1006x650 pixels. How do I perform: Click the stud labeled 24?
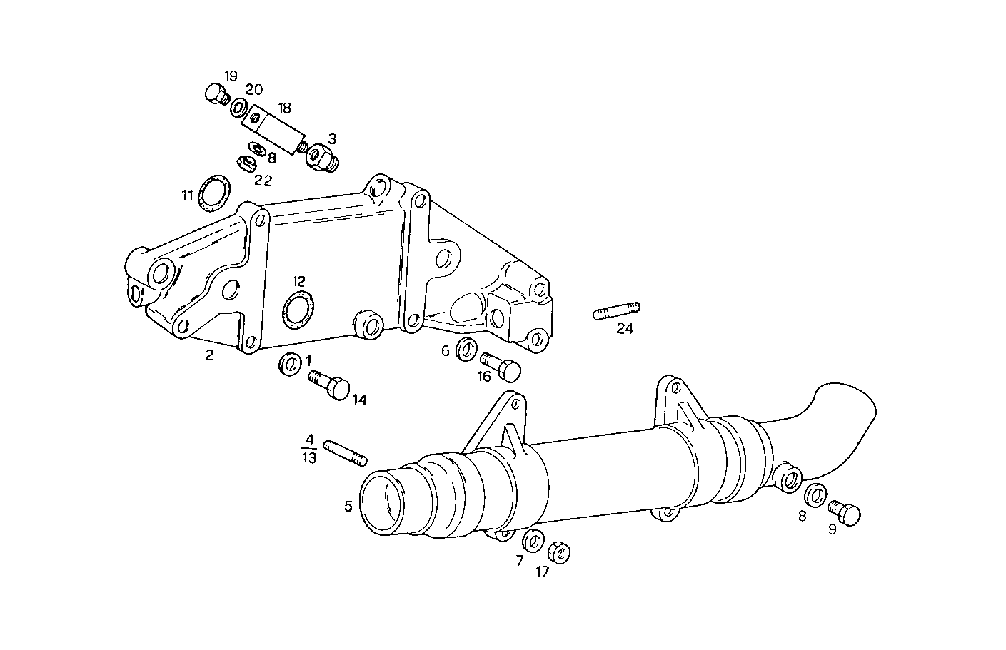[616, 311]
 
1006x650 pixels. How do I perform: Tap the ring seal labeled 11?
[213, 193]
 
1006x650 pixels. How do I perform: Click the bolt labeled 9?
[845, 512]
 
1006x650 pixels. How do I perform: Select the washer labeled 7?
[532, 542]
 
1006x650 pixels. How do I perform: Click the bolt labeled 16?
[501, 367]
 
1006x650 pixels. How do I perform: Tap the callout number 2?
[209, 355]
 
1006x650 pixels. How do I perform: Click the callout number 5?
[348, 507]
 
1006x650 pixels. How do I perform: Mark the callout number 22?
[263, 181]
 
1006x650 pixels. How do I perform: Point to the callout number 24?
[625, 329]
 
